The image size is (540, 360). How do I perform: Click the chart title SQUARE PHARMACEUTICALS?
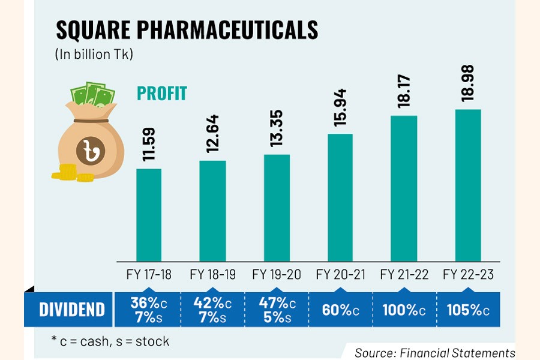187,30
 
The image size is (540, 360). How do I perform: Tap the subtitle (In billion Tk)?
94,55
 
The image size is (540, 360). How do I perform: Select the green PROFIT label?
162,94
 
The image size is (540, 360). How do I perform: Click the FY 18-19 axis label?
212,275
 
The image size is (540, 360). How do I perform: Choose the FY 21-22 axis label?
404,275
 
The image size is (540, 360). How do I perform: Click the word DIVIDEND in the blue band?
72,310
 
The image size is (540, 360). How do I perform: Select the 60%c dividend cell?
340,310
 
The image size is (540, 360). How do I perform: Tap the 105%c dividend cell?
468,310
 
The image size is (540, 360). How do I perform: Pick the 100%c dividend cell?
404,310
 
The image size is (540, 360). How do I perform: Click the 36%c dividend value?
149,303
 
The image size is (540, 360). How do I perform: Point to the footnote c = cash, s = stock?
110,341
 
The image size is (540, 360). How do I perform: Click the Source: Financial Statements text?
434,353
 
